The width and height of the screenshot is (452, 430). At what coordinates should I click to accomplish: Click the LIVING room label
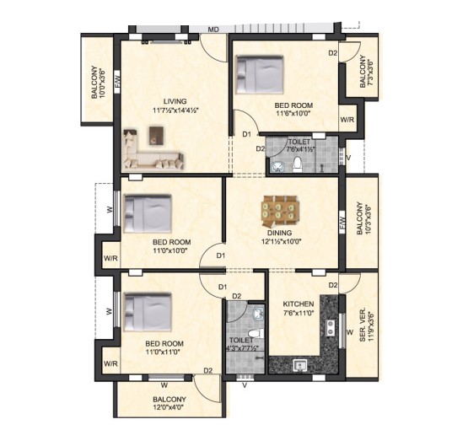point(175,101)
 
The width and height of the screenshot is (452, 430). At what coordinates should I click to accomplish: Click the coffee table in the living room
point(156,136)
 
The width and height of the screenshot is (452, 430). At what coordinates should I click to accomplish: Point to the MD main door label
point(213,30)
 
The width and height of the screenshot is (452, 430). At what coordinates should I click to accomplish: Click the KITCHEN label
point(298,304)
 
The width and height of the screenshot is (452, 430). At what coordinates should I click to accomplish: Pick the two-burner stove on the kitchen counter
point(331,328)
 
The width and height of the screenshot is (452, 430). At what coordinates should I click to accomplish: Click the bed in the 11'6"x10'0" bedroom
point(260,75)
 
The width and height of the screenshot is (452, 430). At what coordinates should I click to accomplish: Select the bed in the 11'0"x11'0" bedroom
point(148,312)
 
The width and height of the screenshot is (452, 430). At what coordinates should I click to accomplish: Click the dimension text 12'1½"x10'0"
point(281,241)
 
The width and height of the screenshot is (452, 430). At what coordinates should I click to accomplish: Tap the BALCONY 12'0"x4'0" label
point(169,404)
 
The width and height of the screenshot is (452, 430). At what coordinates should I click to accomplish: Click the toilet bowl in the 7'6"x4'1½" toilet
point(297,164)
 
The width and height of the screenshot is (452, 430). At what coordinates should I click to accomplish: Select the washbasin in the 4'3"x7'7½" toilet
point(258,314)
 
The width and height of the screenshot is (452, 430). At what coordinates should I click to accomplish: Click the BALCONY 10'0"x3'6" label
point(98,83)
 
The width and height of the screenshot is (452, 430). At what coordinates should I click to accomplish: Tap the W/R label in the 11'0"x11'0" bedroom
point(110,363)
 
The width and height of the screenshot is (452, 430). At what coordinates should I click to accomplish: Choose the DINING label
point(279,233)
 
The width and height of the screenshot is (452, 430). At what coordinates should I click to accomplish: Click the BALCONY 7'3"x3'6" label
point(366,72)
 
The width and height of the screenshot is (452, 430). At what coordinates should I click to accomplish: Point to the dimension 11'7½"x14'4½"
point(175,110)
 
